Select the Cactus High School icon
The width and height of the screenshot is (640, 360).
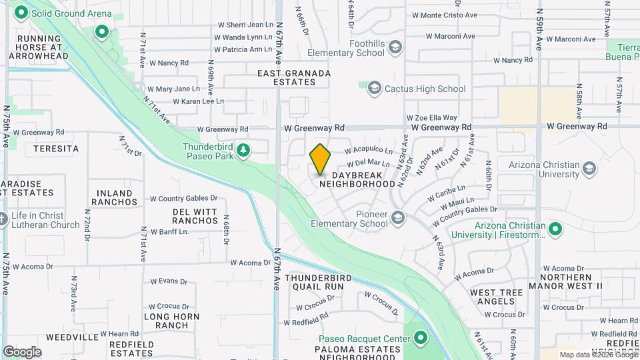374,88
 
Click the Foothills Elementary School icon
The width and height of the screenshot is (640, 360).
395,47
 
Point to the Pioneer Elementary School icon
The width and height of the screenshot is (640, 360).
398,217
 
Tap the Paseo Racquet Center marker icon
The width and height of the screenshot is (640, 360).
420,339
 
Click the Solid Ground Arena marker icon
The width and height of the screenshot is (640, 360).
21,13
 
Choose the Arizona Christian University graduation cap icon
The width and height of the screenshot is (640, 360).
589,168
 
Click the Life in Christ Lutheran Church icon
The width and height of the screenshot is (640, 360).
3,219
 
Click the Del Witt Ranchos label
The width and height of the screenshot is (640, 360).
195,216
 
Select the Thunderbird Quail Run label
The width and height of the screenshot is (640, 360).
314,281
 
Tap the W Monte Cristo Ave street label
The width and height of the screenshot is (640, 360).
445,15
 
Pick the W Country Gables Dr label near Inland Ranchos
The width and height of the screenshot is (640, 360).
183,198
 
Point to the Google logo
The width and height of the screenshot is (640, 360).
22,351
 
